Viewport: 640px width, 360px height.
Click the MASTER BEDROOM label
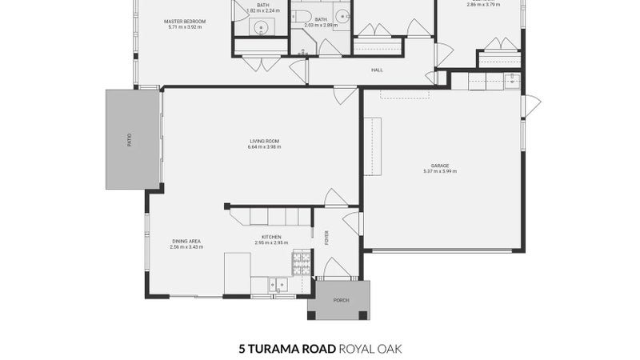point(185,21)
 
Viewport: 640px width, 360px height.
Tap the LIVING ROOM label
point(264,142)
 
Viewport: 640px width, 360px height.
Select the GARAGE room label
point(440,166)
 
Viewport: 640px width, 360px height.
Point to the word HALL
point(377,70)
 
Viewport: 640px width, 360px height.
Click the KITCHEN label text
point(270,237)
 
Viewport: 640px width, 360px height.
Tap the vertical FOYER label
point(326,238)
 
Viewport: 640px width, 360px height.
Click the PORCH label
point(342,301)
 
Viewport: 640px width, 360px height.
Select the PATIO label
point(129,139)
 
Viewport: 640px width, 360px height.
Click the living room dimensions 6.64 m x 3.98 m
point(264,147)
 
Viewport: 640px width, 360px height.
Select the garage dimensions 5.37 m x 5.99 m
point(440,171)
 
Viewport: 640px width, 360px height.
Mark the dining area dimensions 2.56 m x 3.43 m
point(186,247)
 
